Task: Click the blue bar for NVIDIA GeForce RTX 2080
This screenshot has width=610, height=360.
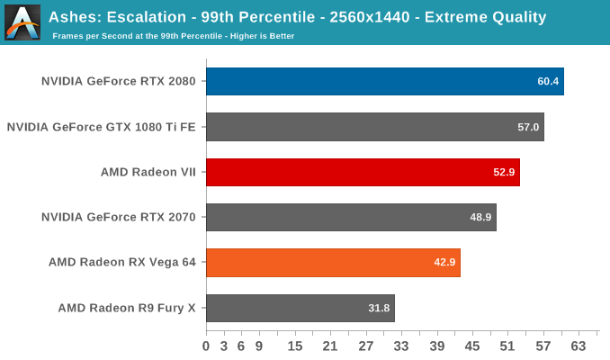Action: pos(384,81)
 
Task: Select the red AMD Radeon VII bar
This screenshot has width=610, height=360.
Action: pos(363,172)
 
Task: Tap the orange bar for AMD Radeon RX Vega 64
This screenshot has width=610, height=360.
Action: pos(333,263)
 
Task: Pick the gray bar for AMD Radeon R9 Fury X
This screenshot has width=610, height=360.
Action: pos(300,308)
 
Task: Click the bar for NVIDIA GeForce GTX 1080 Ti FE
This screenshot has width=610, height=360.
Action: pos(374,127)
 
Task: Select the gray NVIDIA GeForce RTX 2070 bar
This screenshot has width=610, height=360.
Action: pos(351,217)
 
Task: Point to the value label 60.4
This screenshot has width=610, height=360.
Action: pos(549,82)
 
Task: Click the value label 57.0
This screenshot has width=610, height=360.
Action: pos(528,127)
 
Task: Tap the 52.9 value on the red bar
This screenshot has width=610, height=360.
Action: pos(504,172)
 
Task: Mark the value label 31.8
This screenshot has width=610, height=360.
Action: pos(379,308)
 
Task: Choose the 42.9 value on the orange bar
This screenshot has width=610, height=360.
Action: pos(444,263)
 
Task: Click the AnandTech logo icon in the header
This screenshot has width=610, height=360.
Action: pos(22,22)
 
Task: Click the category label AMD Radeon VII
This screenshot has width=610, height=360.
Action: pos(148,172)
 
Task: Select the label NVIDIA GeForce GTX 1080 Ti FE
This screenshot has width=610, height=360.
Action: pos(102,127)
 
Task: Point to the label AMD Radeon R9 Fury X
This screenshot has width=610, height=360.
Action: pos(127,308)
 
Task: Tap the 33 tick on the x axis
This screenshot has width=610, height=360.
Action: pos(401,346)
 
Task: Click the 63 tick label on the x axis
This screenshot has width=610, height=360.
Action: pos(579,346)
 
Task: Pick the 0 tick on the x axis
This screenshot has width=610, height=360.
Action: pos(206,346)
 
